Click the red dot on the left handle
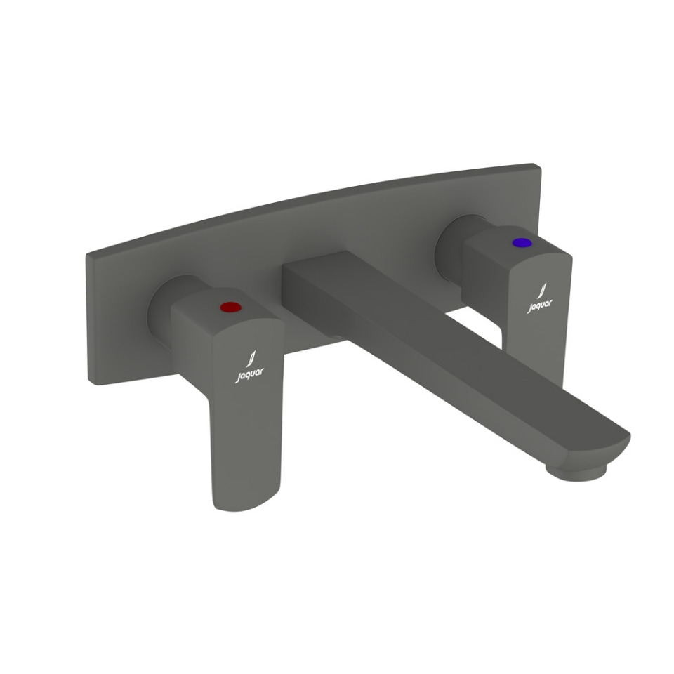click(x=229, y=307)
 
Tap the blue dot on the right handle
click(x=521, y=243)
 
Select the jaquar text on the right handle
click(x=540, y=306)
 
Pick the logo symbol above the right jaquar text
click(x=541, y=291)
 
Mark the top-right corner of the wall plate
click(x=539, y=167)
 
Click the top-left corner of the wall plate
click(x=88, y=254)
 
